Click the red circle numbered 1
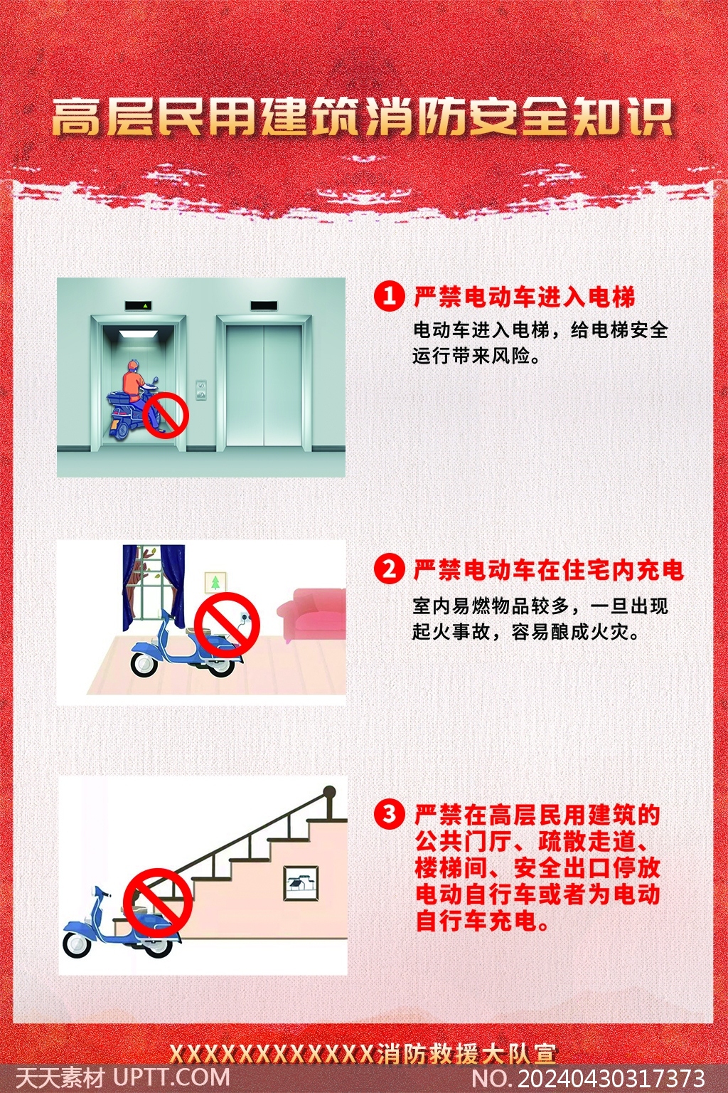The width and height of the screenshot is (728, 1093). coord(389,296)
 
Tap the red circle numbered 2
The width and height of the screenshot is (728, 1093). coord(389,569)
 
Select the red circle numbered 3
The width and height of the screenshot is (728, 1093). coord(389,814)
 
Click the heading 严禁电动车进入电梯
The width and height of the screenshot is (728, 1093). coord(525,296)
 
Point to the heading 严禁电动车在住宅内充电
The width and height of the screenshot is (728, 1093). coord(549,569)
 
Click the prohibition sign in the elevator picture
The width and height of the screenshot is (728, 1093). coord(166,415)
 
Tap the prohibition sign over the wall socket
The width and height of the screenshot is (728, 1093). coord(227,625)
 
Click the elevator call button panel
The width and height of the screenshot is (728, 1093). coord(201,390)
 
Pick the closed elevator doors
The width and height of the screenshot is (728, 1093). coord(264,385)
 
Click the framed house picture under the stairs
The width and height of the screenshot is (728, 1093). coord(301,883)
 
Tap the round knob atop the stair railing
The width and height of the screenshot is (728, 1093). coord(330,791)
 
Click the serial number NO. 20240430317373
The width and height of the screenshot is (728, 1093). coord(589,1077)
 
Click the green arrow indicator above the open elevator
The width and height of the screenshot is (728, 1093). coord(145,306)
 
